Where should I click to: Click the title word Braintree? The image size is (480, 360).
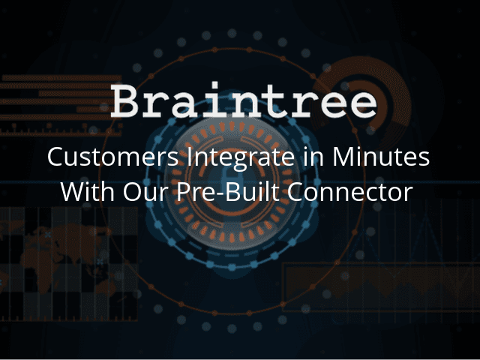click(244, 100)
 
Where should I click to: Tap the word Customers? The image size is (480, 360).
click(113, 157)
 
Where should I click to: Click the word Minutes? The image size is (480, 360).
click(381, 157)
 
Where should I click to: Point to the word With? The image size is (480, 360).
click(88, 191)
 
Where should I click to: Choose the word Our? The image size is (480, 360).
click(145, 192)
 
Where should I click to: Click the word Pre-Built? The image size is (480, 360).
click(228, 191)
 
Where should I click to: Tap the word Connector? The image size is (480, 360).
click(350, 192)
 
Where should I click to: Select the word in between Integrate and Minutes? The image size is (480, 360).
click(313, 157)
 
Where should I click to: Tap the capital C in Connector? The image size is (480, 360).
click(295, 192)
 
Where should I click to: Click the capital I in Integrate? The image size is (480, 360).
click(190, 157)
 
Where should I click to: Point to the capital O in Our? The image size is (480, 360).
click(133, 192)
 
